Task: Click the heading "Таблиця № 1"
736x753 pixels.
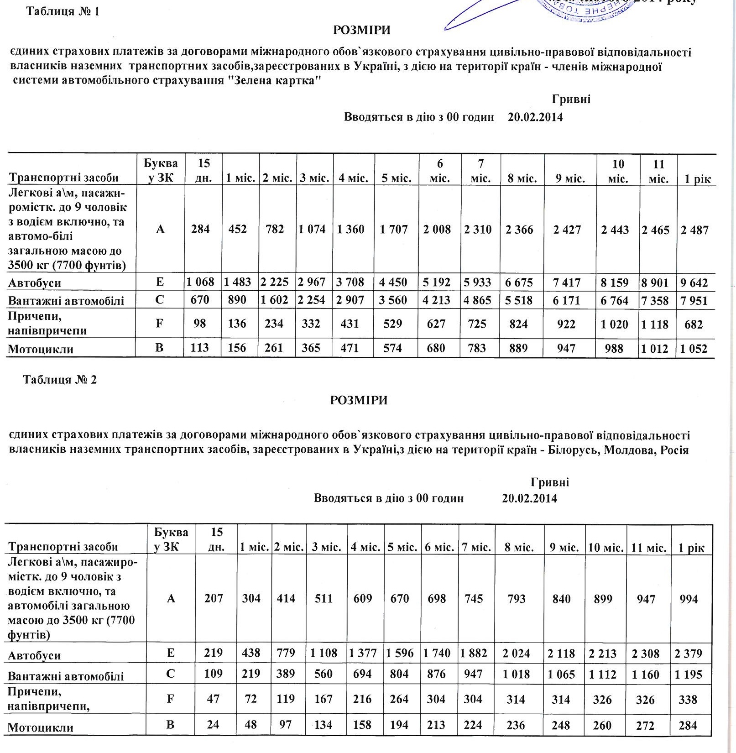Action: click(63, 11)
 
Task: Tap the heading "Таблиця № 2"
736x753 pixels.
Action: click(60, 380)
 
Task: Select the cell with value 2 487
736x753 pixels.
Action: click(694, 230)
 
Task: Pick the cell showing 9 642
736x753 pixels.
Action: click(694, 282)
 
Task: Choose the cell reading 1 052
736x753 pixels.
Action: click(694, 349)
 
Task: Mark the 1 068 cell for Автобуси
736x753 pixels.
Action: click(200, 282)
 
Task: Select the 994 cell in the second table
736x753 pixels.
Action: click(689, 599)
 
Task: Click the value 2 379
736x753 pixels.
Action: click(689, 654)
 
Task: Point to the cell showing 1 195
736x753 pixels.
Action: click(689, 675)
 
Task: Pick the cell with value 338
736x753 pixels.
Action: click(689, 700)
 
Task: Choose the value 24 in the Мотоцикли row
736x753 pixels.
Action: click(213, 725)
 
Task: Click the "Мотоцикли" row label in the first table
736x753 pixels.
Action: click(41, 349)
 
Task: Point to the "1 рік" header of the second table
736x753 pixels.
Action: click(692, 547)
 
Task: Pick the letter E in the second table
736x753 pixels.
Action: click(171, 653)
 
